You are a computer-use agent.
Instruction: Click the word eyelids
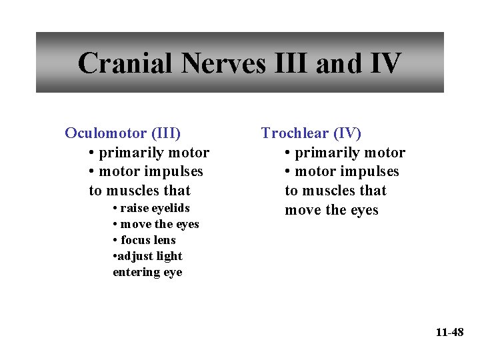[170, 208]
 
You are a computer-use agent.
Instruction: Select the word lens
[165, 240]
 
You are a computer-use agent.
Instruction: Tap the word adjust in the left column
[134, 256]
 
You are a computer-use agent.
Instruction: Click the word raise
[134, 208]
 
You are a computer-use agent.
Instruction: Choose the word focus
[136, 240]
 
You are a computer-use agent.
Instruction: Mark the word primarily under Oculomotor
[129, 153]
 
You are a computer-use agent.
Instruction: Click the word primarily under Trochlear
[325, 153]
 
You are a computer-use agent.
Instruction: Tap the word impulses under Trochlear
[368, 171]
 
